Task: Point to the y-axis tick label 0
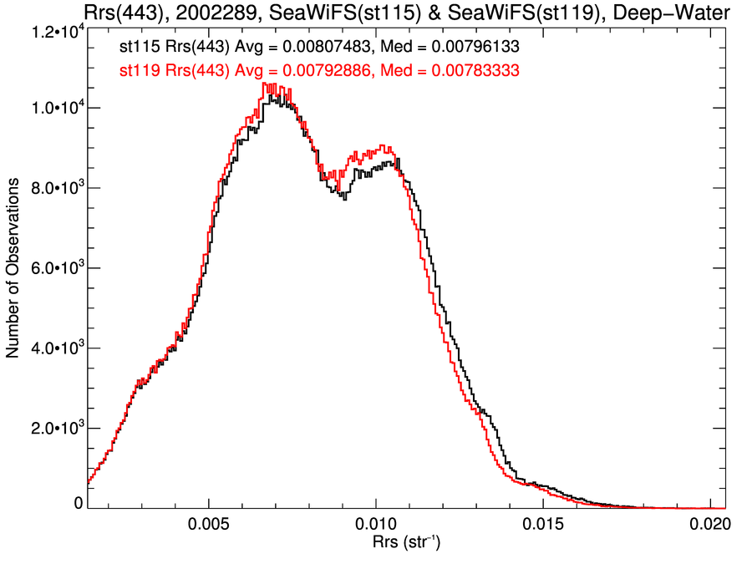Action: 78,504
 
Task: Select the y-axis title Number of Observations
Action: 14,269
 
